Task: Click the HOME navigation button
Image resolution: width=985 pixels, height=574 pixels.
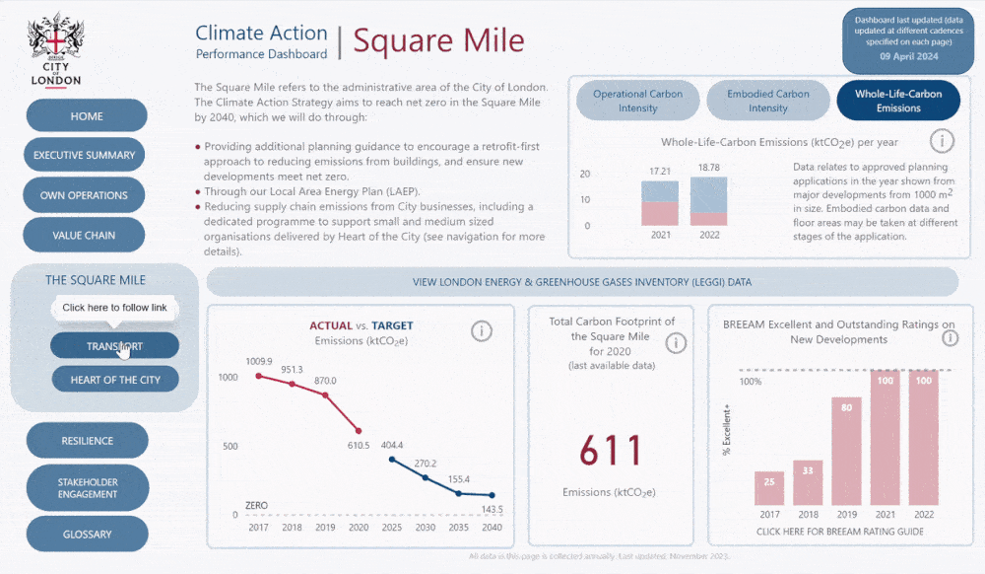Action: [x=87, y=116]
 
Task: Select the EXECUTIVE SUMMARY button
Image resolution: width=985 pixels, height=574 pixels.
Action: [x=85, y=155]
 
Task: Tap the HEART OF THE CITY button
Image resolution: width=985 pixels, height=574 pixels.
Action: [x=115, y=380]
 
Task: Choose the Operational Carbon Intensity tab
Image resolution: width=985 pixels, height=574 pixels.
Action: [x=637, y=101]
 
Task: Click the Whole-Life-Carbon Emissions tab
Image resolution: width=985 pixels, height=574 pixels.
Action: [x=897, y=101]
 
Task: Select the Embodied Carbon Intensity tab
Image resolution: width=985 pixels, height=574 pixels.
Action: [x=767, y=101]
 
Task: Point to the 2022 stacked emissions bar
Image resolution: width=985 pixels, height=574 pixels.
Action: [x=708, y=201]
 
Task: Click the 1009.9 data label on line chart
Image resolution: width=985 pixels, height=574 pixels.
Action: [x=258, y=361]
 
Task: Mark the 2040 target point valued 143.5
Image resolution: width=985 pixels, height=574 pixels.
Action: [x=492, y=496]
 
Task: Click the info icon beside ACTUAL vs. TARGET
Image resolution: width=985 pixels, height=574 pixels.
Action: [x=482, y=330]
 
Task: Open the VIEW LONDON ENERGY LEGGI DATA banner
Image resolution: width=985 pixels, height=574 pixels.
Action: [x=581, y=282]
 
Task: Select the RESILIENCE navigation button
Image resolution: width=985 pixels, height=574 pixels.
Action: [x=87, y=441]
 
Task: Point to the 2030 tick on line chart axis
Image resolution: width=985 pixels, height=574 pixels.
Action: [x=426, y=528]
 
